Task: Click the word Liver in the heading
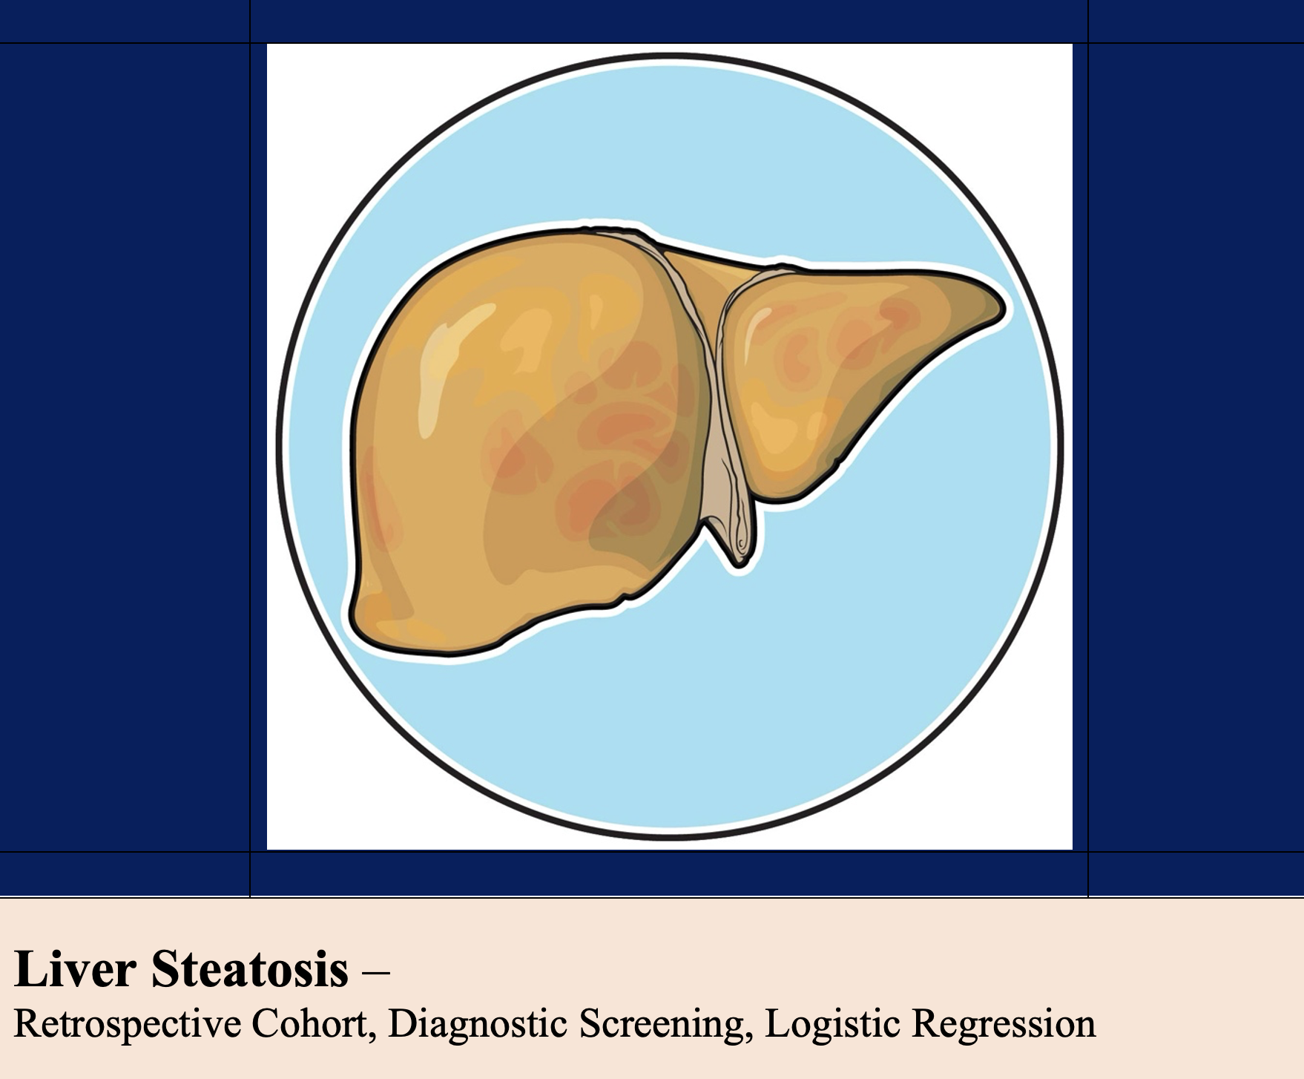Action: click(75, 968)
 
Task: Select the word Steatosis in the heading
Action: click(250, 968)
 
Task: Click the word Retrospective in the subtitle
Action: click(128, 1025)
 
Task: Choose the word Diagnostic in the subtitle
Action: click(478, 1025)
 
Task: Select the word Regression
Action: click(1004, 1025)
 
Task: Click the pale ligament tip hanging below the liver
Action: click(738, 553)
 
